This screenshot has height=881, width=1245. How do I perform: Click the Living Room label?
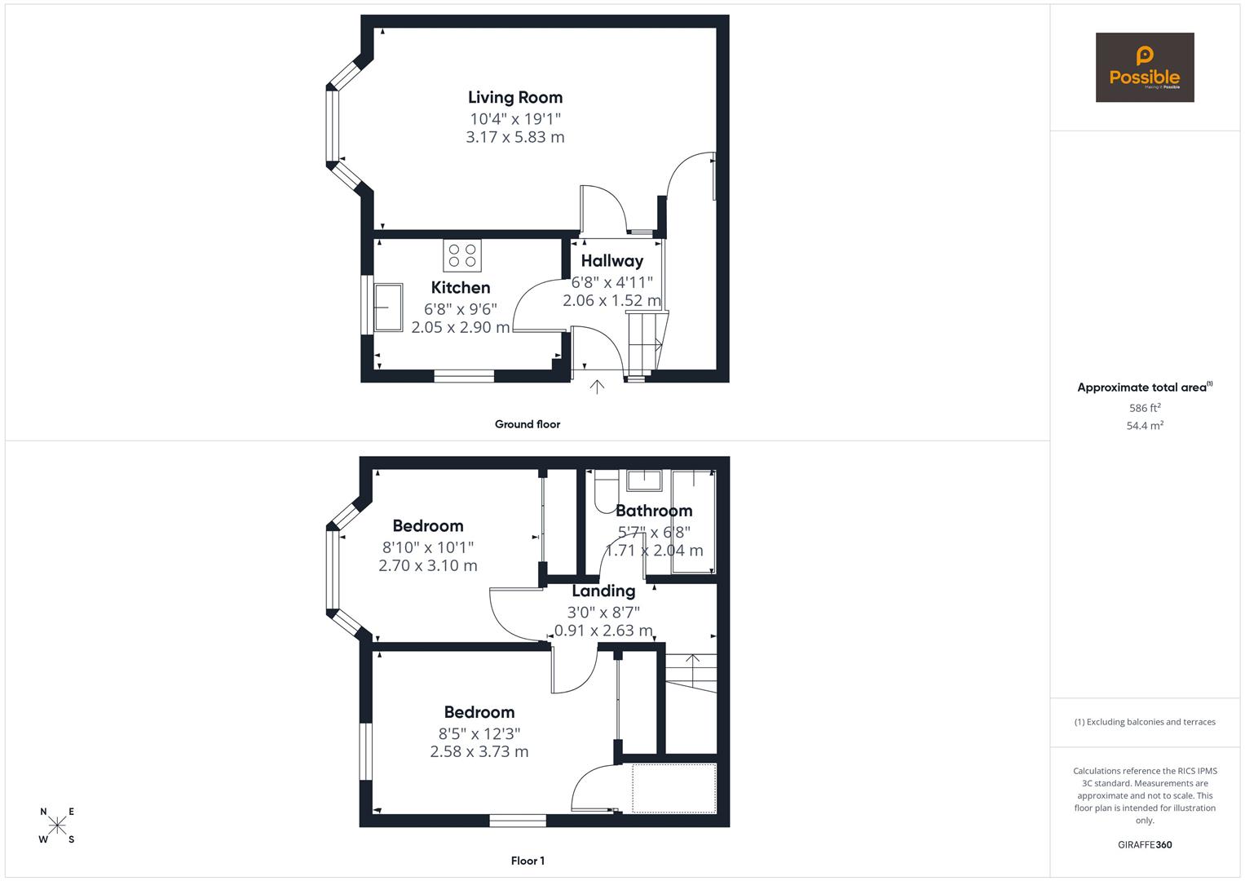coord(515,97)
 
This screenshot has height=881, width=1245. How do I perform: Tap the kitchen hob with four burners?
coord(462,255)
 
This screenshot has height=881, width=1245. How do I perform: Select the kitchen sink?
coord(389,308)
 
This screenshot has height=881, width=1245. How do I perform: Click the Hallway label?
coord(612,261)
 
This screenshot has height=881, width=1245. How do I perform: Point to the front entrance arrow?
coord(597,387)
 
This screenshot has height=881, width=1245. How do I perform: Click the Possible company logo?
coord(1145,68)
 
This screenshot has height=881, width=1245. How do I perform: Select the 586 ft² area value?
coord(1145,408)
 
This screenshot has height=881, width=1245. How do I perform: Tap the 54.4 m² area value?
coord(1145,426)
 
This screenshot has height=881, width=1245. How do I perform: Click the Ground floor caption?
coord(528,424)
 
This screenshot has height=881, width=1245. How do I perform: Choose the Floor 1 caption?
coord(528,861)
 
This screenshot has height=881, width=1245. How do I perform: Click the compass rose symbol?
coord(57,826)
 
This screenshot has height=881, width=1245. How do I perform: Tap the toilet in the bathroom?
coord(604,494)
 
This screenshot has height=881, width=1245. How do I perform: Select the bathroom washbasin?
coord(644,480)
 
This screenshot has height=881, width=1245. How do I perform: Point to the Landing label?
coord(603,591)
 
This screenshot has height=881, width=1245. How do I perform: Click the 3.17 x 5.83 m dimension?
coord(515,137)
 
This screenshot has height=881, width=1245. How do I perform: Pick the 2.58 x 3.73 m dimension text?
coord(479,751)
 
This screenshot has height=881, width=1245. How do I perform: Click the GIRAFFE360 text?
coord(1145,845)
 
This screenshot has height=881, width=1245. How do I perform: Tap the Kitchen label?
coord(461,287)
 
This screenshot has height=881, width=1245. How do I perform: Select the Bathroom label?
coord(654,511)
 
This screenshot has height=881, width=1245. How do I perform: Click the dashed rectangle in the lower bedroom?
coord(673,788)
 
